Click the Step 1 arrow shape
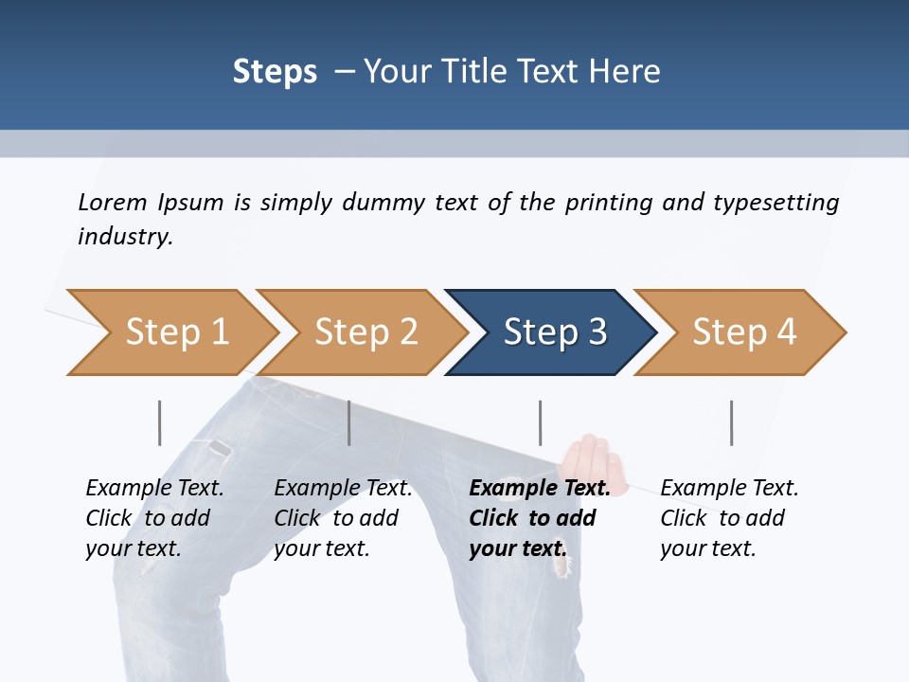pyautogui.click(x=176, y=332)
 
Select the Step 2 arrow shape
pyautogui.click(x=365, y=332)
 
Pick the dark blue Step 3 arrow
pyautogui.click(x=555, y=332)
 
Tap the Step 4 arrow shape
pyautogui.click(x=744, y=332)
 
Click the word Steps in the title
pyautogui.click(x=275, y=72)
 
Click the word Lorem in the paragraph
pyautogui.click(x=112, y=202)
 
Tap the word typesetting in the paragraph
pyautogui.click(x=775, y=203)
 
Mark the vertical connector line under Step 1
pyautogui.click(x=159, y=422)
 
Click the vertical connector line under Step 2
pyautogui.click(x=348, y=422)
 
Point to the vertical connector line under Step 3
pyautogui.click(x=540, y=422)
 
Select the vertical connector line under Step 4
pyautogui.click(x=731, y=422)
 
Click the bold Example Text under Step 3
pyautogui.click(x=540, y=488)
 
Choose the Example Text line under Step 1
pyautogui.click(x=154, y=488)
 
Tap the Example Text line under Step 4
pyautogui.click(x=729, y=488)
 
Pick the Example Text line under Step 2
pyautogui.click(x=343, y=488)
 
